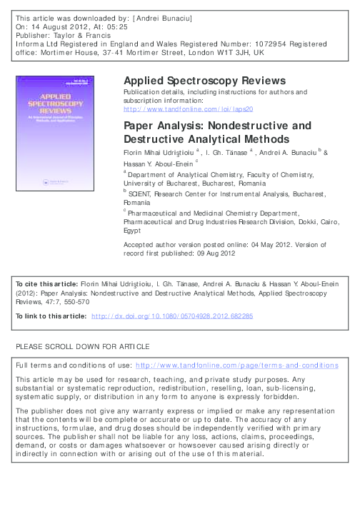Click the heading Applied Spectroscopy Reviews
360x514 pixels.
click(205, 80)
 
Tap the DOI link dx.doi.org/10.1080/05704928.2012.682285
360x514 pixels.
click(183, 315)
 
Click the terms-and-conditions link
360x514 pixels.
click(236, 365)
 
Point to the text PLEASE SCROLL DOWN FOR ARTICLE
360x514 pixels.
click(83, 346)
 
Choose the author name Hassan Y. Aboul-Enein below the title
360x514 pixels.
click(158, 165)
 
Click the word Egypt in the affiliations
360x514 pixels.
click(133, 231)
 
